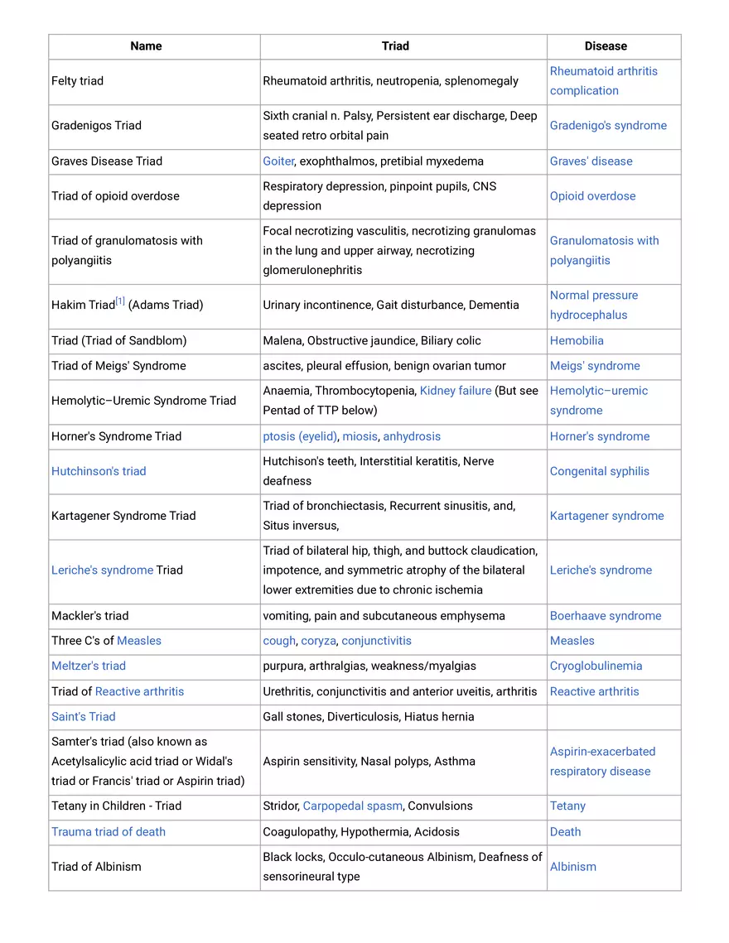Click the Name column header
(x=146, y=46)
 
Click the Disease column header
(x=606, y=46)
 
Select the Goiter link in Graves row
(x=278, y=161)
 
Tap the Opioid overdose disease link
(x=592, y=196)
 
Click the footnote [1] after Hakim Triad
(x=120, y=301)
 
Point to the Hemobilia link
(x=577, y=340)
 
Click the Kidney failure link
(x=456, y=391)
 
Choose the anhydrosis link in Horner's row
(x=412, y=436)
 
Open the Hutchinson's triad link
(x=99, y=471)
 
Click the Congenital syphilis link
(x=599, y=471)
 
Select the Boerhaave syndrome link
(x=606, y=616)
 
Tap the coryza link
(x=319, y=641)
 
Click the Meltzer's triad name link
(x=89, y=666)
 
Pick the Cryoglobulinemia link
(x=596, y=666)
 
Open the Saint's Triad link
(x=84, y=717)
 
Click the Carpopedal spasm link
(x=352, y=806)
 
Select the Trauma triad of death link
(x=109, y=832)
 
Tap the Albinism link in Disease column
(x=573, y=867)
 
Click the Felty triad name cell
(x=78, y=81)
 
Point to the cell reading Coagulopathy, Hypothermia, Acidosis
(x=361, y=832)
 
